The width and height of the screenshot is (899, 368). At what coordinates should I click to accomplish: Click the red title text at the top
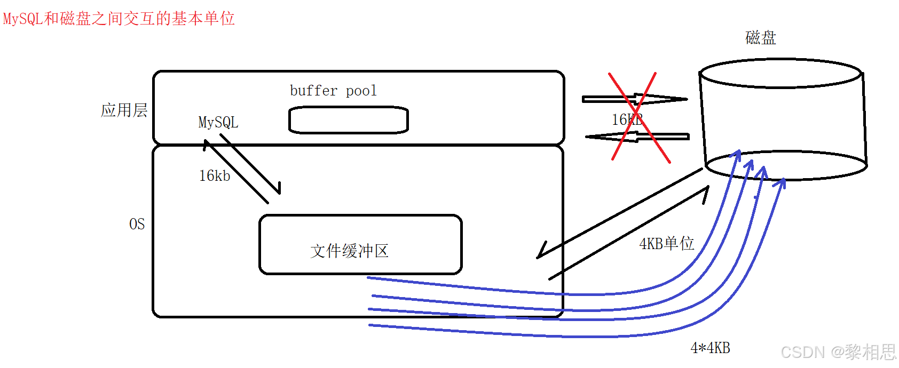coord(119,19)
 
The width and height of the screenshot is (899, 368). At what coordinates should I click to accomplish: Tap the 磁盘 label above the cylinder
coord(760,38)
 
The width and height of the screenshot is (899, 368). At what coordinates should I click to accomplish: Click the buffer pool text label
coord(333,91)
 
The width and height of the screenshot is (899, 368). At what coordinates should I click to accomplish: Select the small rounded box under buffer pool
coord(348,120)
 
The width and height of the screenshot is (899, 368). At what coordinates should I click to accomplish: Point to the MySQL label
coord(218,122)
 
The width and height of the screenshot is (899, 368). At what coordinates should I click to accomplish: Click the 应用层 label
coord(124,110)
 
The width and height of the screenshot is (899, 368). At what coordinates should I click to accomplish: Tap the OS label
coord(137,224)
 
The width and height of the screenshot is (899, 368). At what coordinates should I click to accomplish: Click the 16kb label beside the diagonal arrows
coord(214,176)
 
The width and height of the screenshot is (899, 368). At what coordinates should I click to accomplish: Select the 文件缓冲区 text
coord(349,251)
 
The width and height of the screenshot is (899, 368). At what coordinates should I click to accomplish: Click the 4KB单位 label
coord(666,244)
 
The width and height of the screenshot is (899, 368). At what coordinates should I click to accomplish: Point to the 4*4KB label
coord(710,348)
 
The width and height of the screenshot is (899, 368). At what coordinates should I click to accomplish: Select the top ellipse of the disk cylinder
coord(780,74)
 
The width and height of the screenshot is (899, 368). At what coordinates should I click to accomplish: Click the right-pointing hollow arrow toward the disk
coord(635,99)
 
